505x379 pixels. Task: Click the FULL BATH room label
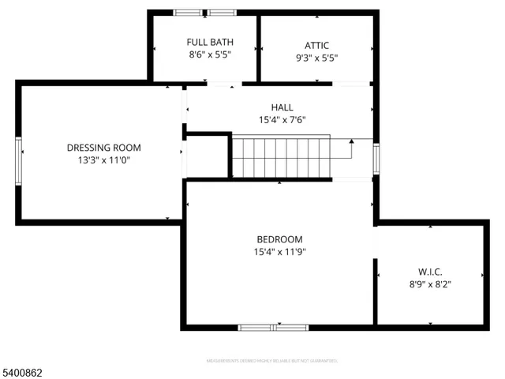[x=210, y=42]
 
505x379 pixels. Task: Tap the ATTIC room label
[x=316, y=45]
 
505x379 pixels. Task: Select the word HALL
[x=282, y=107]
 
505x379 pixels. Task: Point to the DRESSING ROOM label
[x=103, y=147]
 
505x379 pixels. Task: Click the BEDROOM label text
[x=279, y=239]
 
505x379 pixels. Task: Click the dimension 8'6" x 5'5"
[x=210, y=55]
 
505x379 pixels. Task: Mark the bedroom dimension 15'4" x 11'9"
[x=279, y=252]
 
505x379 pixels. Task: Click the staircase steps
[x=280, y=156]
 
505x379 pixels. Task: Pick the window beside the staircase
[x=376, y=158]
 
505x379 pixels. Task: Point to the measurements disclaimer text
[x=271, y=361]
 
